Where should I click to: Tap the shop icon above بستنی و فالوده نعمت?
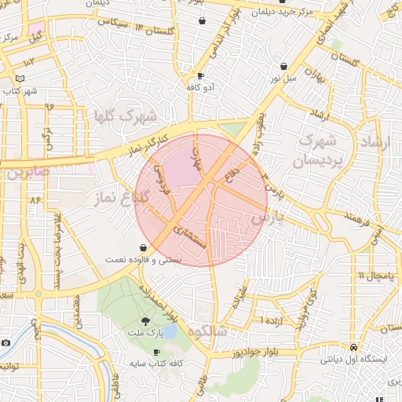click(143, 246)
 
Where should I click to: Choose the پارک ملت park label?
click(145, 334)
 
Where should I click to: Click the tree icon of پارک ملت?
click(145, 320)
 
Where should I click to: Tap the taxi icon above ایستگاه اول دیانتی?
click(353, 346)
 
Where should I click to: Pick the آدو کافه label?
click(199, 88)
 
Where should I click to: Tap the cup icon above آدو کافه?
click(199, 76)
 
